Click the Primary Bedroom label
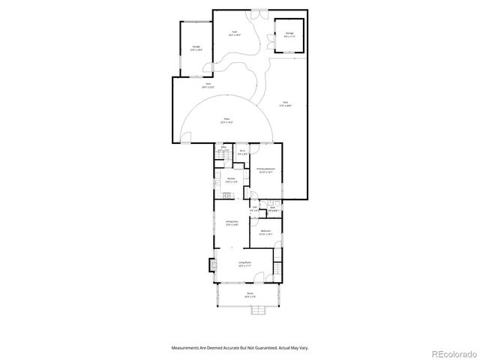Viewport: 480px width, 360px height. [x=265, y=169]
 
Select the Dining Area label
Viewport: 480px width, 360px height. [x=232, y=223]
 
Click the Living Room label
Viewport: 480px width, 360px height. [x=244, y=263]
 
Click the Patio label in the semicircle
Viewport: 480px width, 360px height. [x=226, y=120]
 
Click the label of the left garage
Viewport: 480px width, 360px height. [x=196, y=49]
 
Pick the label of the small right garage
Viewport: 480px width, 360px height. [x=289, y=34]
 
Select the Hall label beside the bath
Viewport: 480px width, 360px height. [x=255, y=209]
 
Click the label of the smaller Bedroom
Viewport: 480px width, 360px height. [x=265, y=232]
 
